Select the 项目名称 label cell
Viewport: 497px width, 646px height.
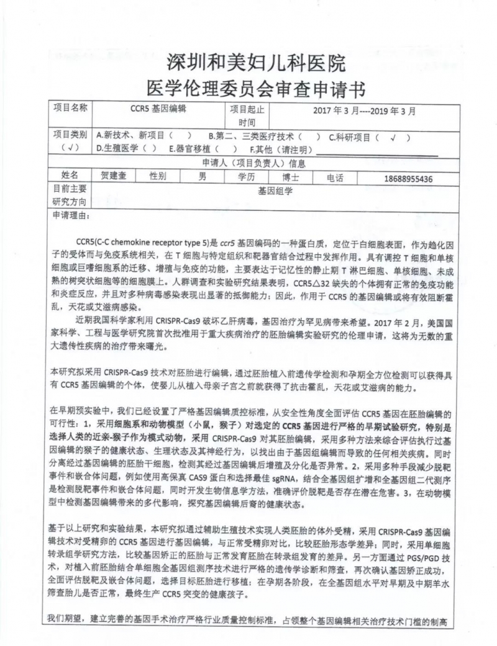tap(71, 107)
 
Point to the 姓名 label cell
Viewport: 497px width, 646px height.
tap(70, 176)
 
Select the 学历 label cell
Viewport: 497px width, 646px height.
tap(247, 177)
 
